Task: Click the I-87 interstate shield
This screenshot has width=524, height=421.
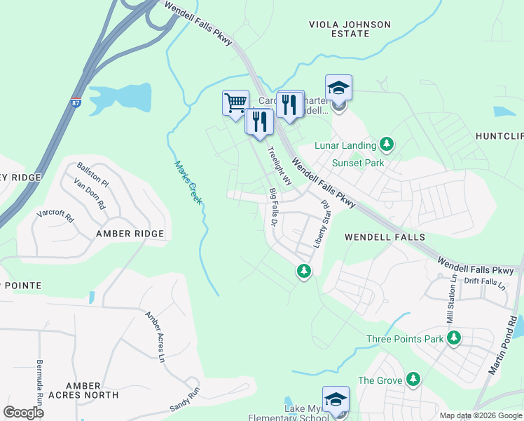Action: (x=75, y=102)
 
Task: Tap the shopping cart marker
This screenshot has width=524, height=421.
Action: (x=235, y=102)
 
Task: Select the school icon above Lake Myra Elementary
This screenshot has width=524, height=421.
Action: (x=336, y=399)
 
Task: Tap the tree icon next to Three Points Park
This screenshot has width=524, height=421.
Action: (x=454, y=339)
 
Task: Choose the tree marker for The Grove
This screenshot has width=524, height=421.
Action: (x=413, y=380)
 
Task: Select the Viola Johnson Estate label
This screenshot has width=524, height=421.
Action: (x=350, y=29)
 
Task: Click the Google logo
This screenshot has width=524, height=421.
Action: (x=23, y=412)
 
